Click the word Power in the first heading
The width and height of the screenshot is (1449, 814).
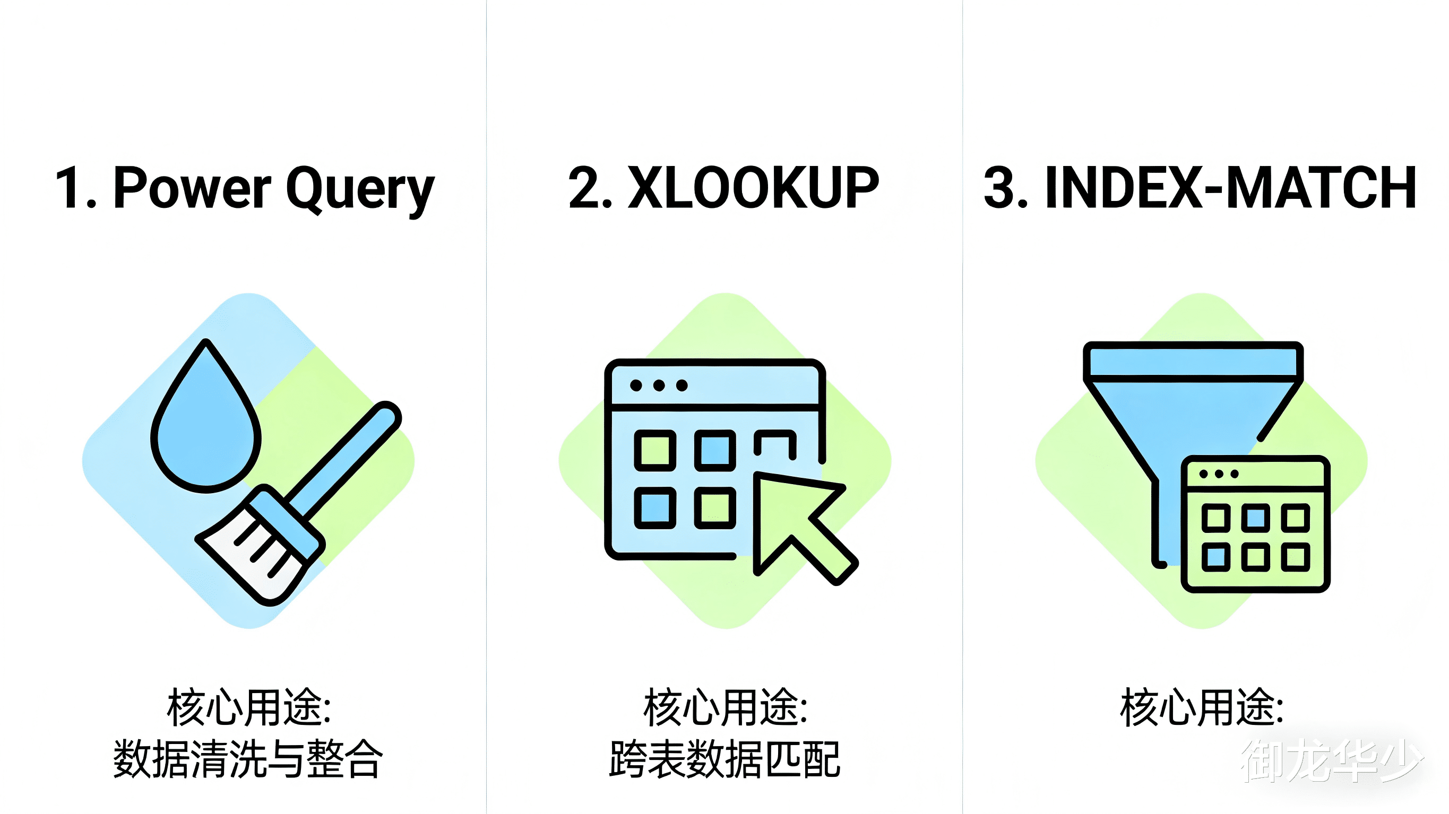pos(192,188)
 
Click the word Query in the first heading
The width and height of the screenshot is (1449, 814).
pos(360,189)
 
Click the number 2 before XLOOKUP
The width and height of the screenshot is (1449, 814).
pos(584,188)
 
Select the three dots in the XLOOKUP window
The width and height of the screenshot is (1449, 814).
pos(659,386)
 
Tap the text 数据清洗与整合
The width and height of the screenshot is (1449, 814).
pos(248,759)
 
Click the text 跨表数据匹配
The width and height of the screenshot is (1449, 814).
pos(724,759)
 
